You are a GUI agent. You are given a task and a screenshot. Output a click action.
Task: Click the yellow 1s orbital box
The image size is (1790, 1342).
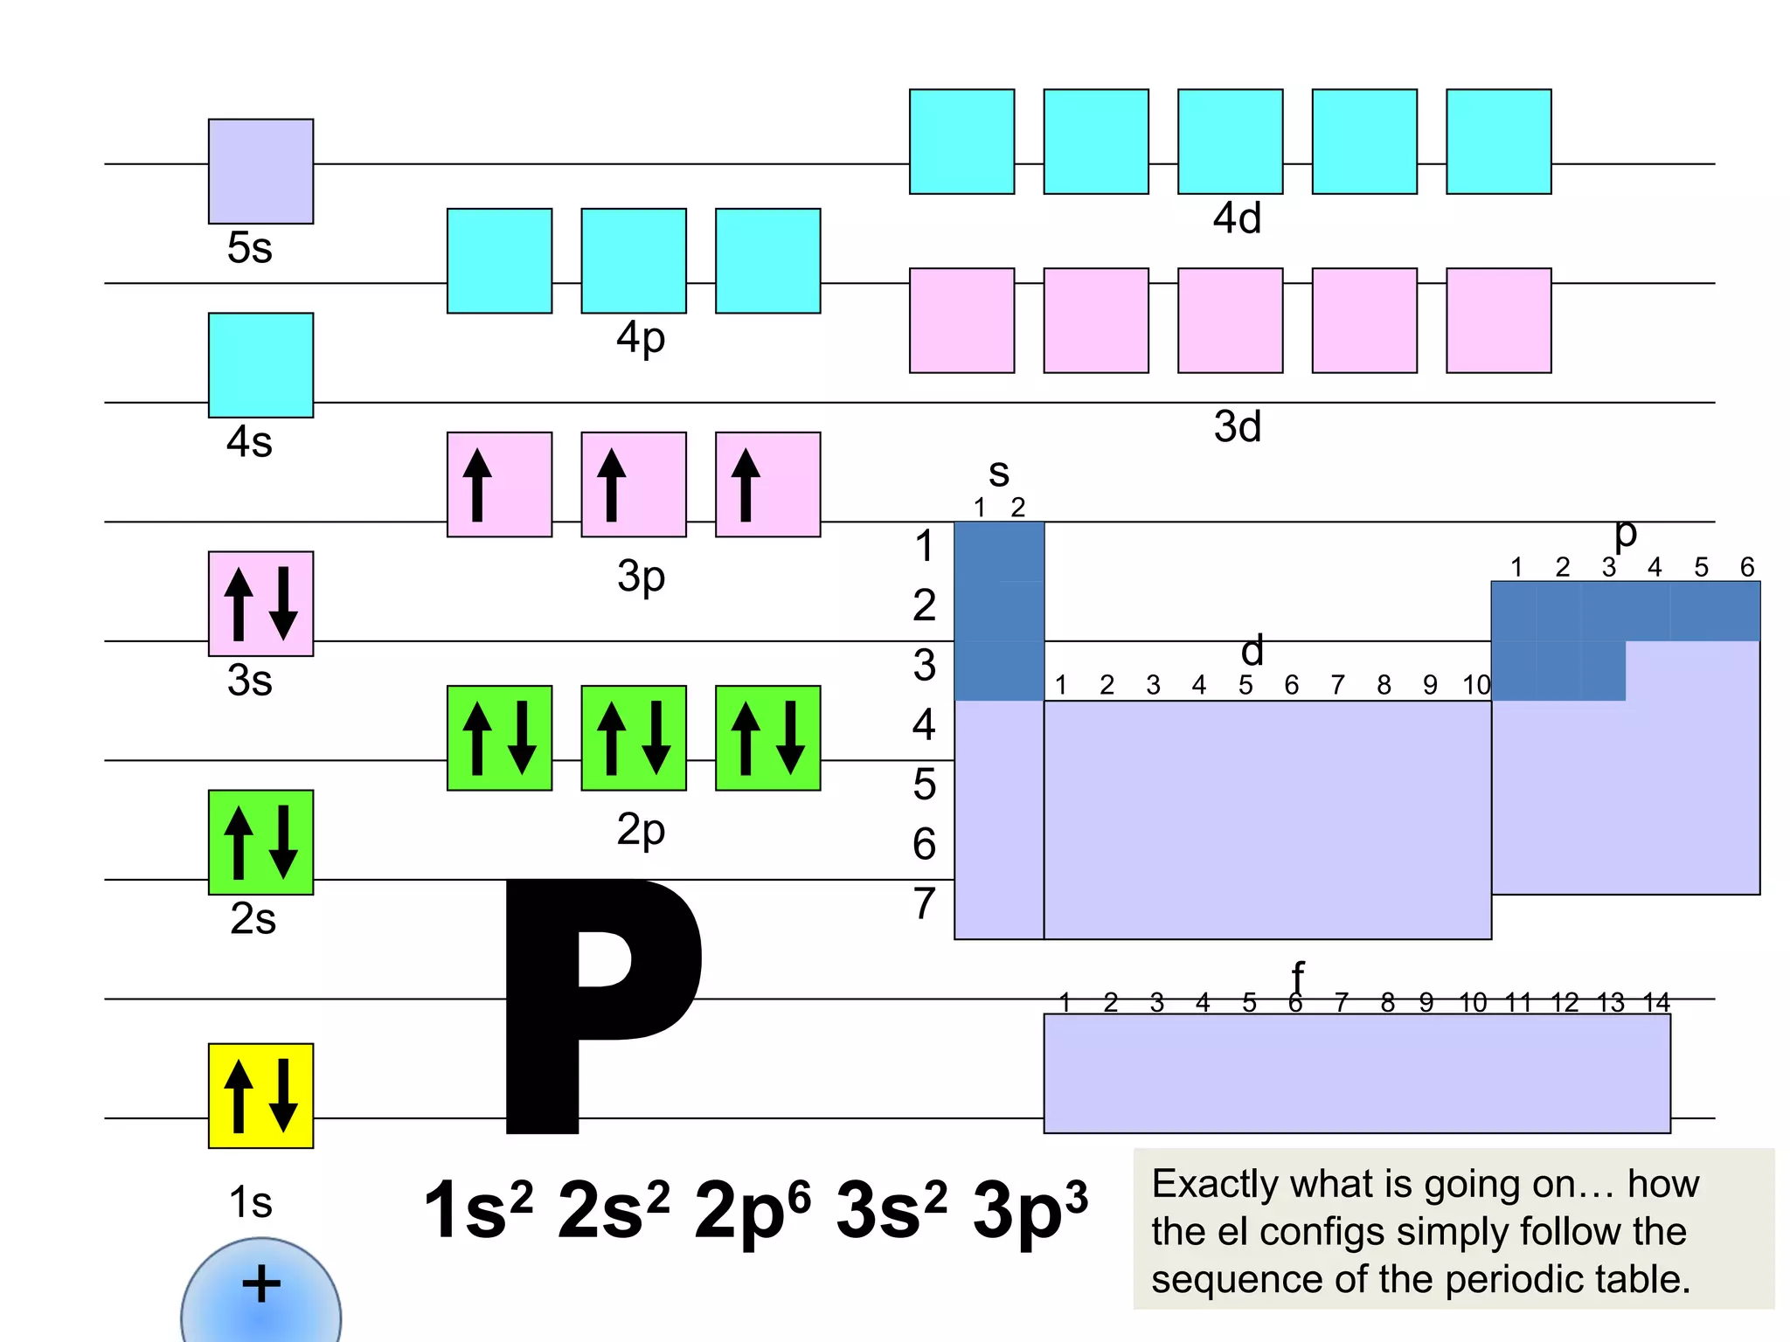tap(260, 1096)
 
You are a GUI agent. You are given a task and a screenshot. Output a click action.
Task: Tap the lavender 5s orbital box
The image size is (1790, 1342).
tap(260, 171)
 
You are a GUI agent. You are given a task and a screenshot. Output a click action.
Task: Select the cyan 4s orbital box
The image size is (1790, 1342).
tap(260, 365)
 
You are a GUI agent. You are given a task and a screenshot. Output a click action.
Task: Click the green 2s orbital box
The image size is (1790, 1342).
tap(260, 842)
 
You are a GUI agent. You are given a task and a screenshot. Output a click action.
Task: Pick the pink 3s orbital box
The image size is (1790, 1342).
tap(260, 604)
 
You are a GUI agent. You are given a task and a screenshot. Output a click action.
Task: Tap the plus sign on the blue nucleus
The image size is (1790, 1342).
tap(261, 1284)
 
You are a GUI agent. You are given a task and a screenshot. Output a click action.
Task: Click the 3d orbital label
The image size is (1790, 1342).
tap(1238, 427)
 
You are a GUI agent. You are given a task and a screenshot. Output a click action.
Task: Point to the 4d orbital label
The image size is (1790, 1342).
tap(1238, 218)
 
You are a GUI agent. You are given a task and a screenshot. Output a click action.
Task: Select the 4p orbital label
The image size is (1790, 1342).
tap(641, 339)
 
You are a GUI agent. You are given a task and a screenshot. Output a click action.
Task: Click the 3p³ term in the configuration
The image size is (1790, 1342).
tap(1030, 1211)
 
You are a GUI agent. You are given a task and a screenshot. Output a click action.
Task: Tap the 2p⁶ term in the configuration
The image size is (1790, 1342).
tap(752, 1211)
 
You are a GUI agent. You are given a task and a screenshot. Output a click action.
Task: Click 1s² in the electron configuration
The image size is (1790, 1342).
tap(477, 1211)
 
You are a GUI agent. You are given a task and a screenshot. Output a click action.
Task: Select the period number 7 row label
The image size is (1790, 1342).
tap(925, 903)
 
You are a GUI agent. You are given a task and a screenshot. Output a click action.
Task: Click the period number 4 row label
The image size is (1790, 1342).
tap(925, 724)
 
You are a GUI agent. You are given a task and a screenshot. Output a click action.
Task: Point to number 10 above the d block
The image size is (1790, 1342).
tap(1476, 686)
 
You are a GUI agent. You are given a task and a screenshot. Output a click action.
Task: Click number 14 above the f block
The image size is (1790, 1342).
tap(1656, 1003)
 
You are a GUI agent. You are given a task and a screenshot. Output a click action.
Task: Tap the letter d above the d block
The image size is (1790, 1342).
tap(1252, 651)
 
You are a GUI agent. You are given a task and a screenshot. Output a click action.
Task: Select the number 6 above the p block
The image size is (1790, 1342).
tap(1747, 568)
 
